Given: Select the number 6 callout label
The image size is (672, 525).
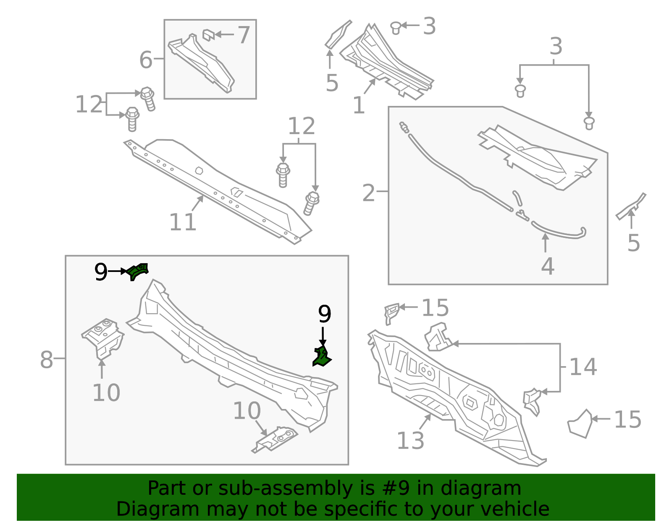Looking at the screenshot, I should [x=146, y=60].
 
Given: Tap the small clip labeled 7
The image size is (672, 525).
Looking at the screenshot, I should [x=209, y=34].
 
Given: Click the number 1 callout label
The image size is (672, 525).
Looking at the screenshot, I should [x=358, y=105].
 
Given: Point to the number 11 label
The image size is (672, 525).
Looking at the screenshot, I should [x=183, y=222].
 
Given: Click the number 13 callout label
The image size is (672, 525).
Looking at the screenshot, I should [x=410, y=441].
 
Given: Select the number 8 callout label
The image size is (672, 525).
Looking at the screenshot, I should [x=47, y=360].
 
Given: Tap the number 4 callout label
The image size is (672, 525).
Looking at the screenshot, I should [x=547, y=266].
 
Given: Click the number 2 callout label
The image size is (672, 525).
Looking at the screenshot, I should [x=368, y=193].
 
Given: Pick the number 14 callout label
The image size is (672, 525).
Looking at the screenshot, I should [x=583, y=367].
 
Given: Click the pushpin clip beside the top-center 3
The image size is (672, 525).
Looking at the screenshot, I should [x=395, y=28].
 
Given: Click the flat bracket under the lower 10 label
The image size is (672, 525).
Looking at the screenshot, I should [x=276, y=439].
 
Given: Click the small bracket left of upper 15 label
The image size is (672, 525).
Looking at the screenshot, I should [x=391, y=313].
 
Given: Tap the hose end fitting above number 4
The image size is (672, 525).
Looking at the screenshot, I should [x=582, y=230].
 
